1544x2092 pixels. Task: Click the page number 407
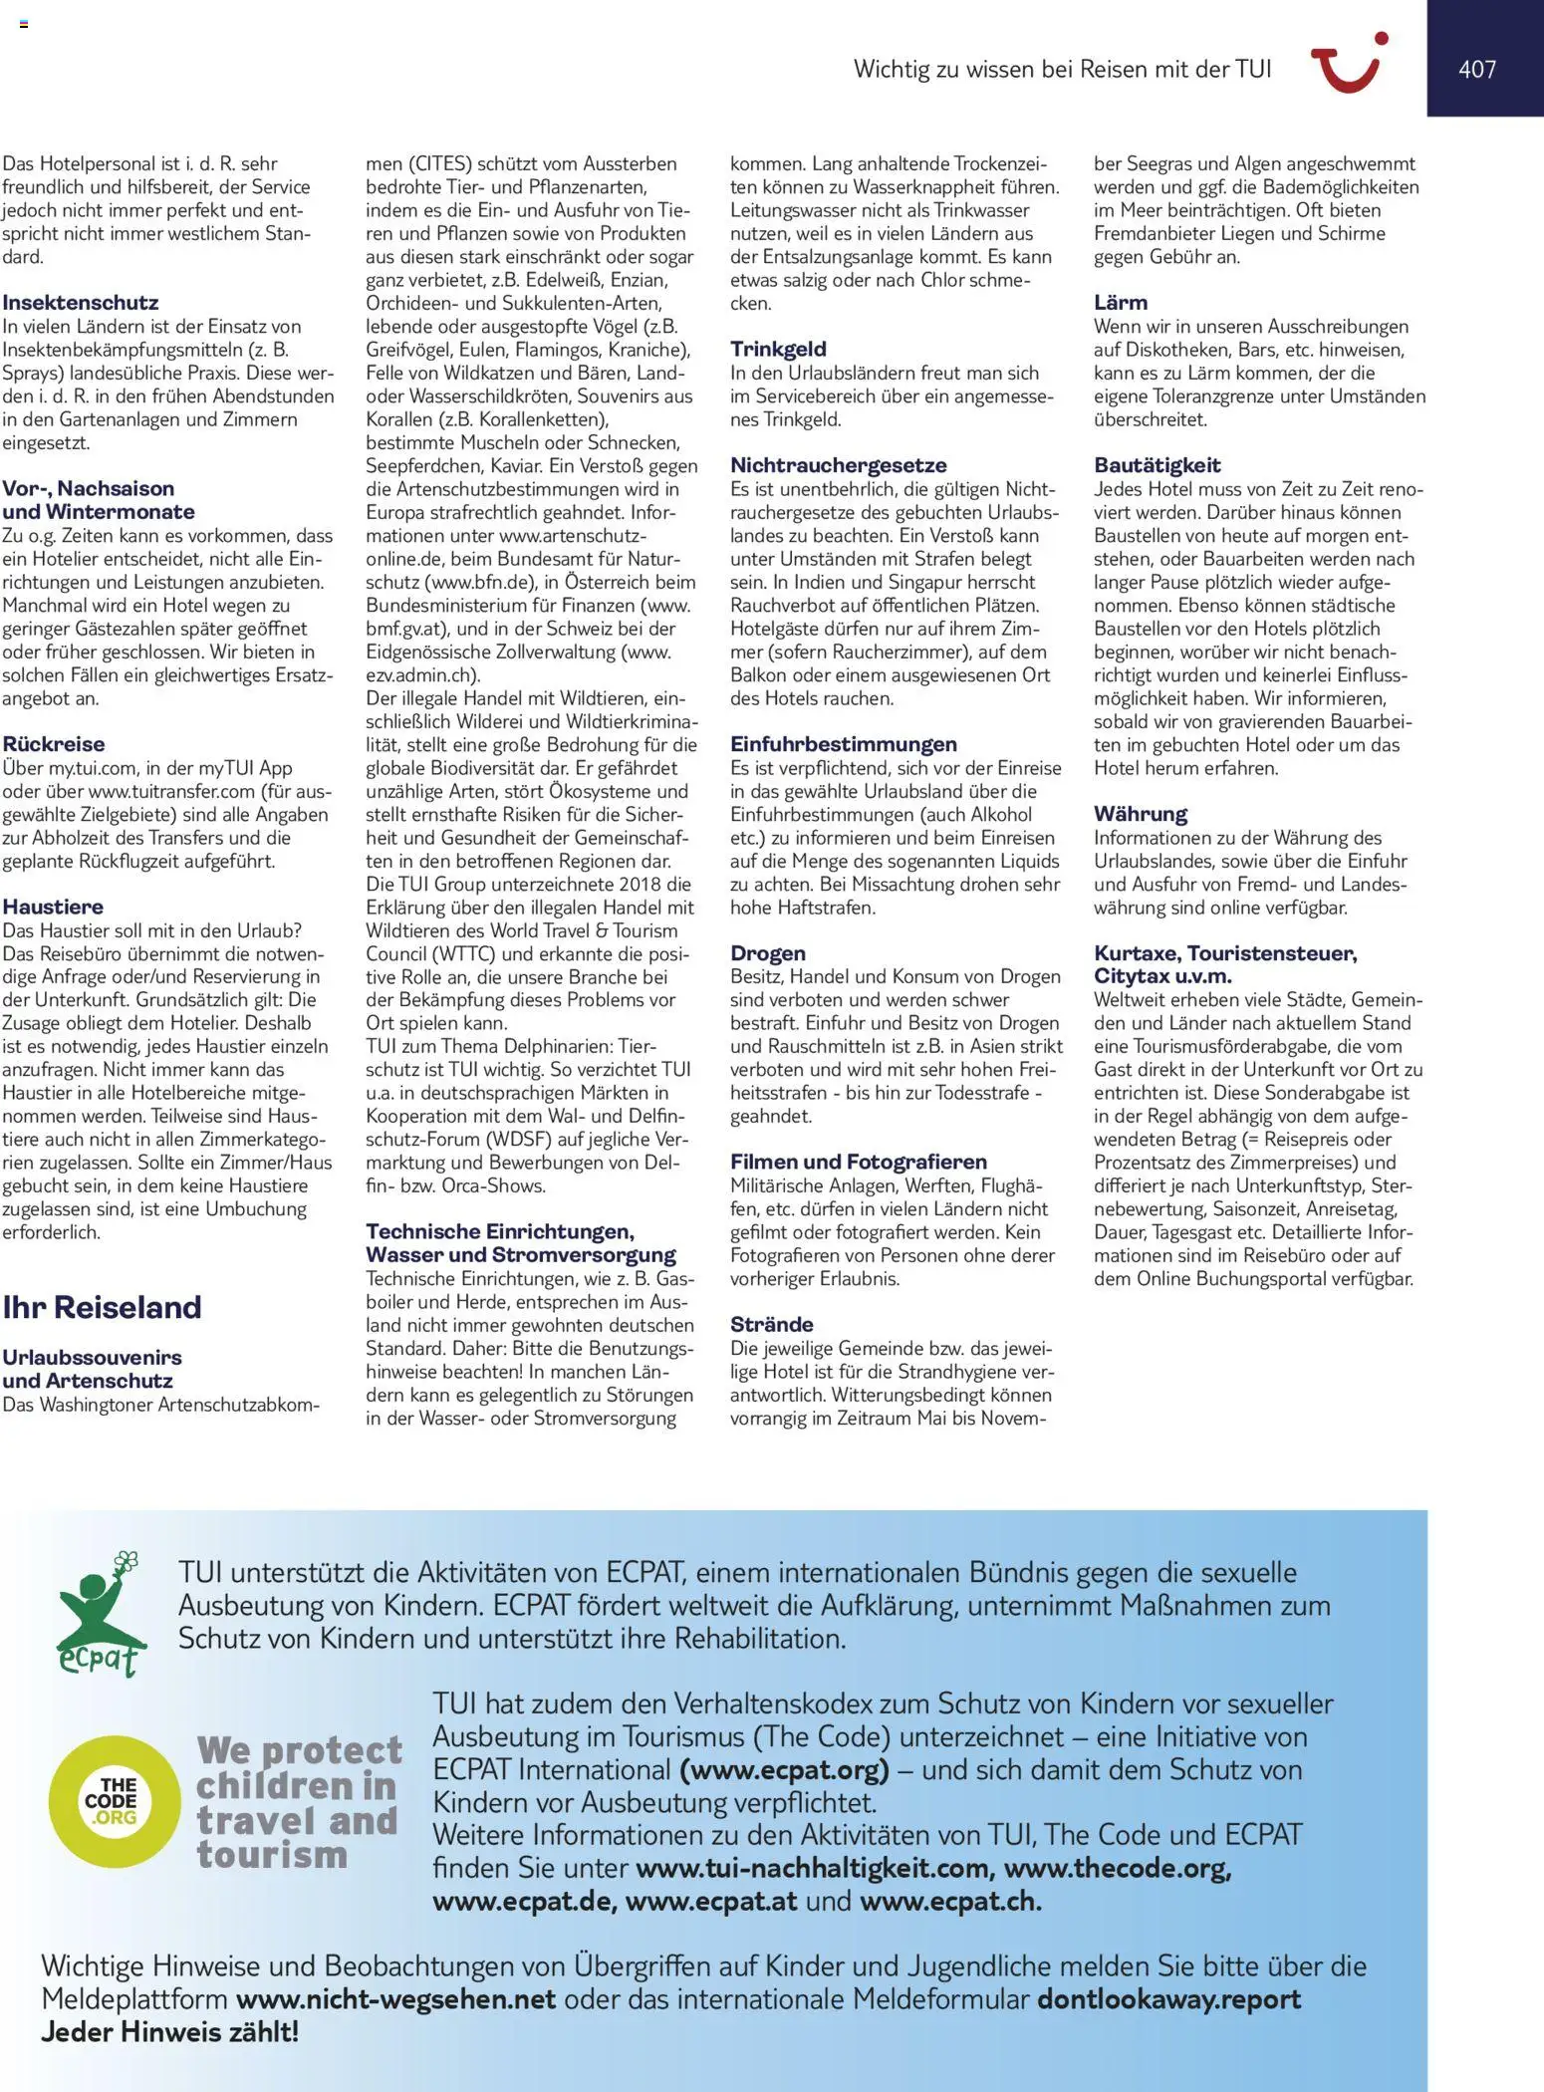click(1476, 69)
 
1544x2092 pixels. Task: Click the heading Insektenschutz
click(80, 302)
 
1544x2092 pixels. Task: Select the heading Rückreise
click(53, 743)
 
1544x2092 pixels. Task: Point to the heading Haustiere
click(53, 907)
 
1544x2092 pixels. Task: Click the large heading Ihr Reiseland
click(102, 1307)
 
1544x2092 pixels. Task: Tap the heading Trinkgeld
click(778, 349)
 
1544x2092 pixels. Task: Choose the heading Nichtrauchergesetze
click(838, 465)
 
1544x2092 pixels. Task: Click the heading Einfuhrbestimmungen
click(843, 744)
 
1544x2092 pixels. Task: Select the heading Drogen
click(767, 953)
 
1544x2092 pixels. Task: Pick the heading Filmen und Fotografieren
click(858, 1162)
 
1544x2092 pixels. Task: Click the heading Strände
click(771, 1324)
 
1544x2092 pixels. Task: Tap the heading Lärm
click(1120, 302)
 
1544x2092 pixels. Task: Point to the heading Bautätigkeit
click(1157, 465)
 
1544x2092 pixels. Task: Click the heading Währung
click(1140, 814)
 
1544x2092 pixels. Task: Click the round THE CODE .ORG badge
click(112, 1800)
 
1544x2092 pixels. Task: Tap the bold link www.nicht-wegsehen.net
click(395, 1999)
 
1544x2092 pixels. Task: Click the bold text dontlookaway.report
click(1168, 1999)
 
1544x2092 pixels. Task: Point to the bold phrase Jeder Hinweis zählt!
click(169, 2032)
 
